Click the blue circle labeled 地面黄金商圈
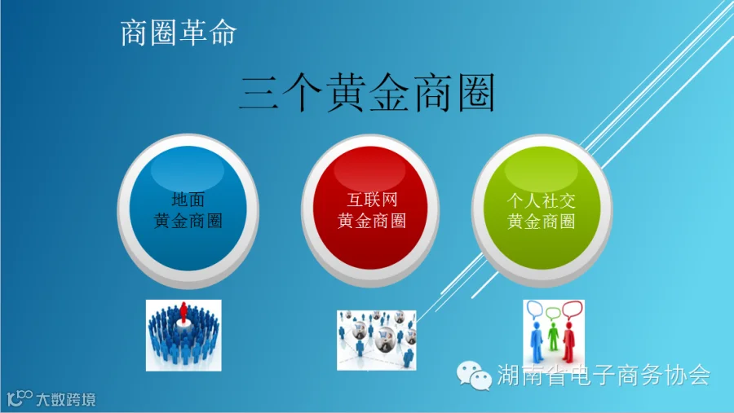(188, 210)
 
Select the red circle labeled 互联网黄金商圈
(370, 210)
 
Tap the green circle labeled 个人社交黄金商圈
(542, 210)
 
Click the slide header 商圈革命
(179, 33)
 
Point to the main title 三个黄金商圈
(367, 92)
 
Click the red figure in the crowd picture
(183, 312)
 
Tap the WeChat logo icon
(474, 375)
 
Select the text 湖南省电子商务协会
(604, 375)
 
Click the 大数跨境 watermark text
(65, 399)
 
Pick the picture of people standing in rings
(183, 336)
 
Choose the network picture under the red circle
(376, 340)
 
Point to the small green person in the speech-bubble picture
(553, 336)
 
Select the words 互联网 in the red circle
(372, 200)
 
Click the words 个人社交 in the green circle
(542, 200)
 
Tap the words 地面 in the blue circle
(188, 200)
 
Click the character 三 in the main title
(259, 93)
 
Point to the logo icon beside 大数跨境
(20, 398)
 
